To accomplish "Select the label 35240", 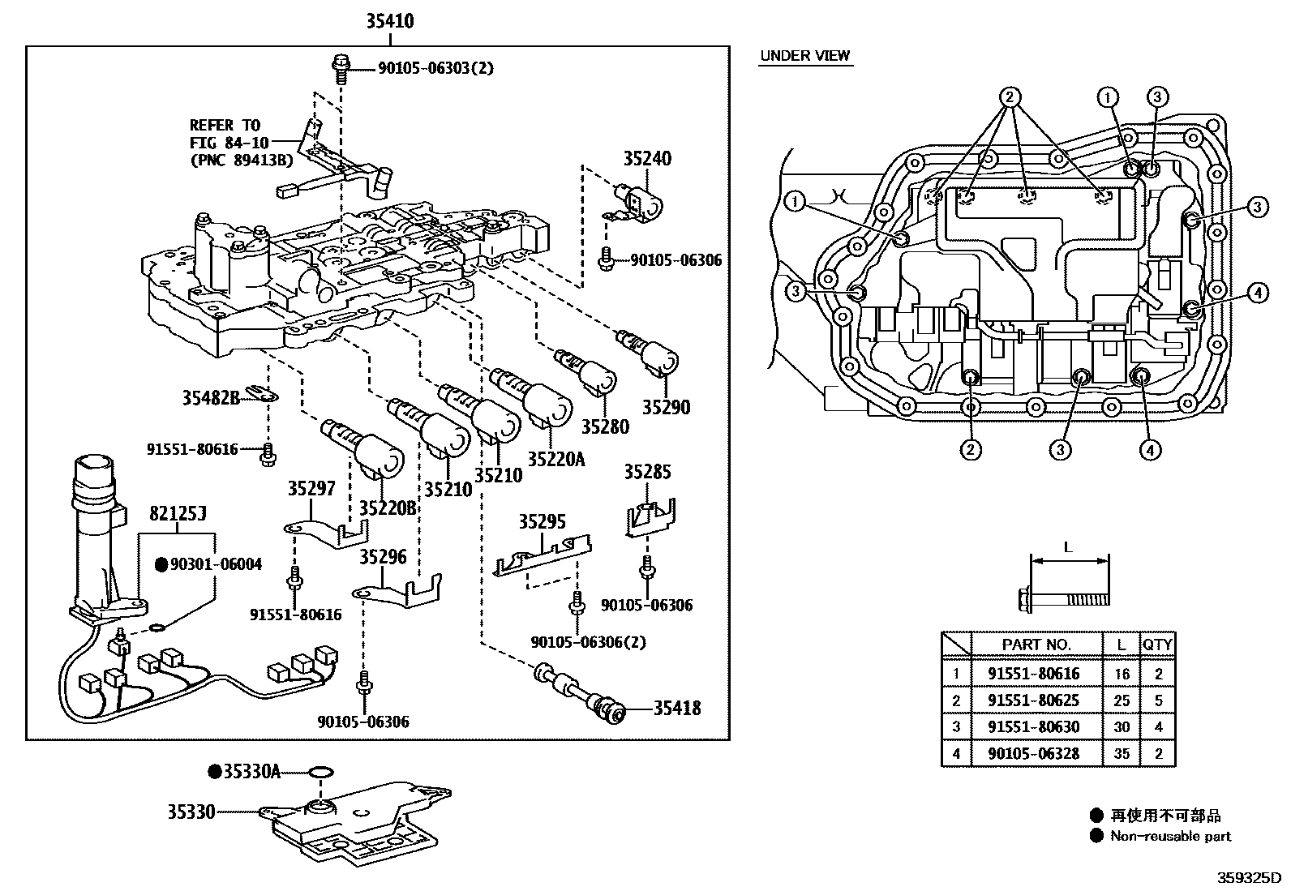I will point(647,159).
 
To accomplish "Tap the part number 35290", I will point(666,407).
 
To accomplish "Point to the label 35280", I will point(605,426).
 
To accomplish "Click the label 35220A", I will point(555,459).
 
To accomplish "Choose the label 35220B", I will point(388,508).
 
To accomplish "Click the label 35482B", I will point(211,397).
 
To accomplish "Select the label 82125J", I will point(178,513).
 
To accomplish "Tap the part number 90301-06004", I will point(216,564).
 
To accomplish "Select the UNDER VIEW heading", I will point(804,55).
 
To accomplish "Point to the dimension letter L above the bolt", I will point(1068,547).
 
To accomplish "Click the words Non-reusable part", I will point(1170,836).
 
